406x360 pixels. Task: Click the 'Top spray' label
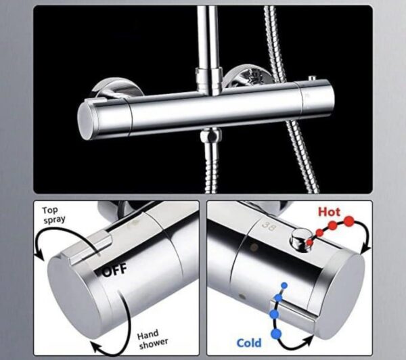coord(56,216)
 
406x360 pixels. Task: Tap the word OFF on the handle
coord(115,272)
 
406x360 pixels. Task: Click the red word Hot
coord(330,212)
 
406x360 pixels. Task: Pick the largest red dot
coord(350,221)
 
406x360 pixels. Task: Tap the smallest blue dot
coord(284,286)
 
